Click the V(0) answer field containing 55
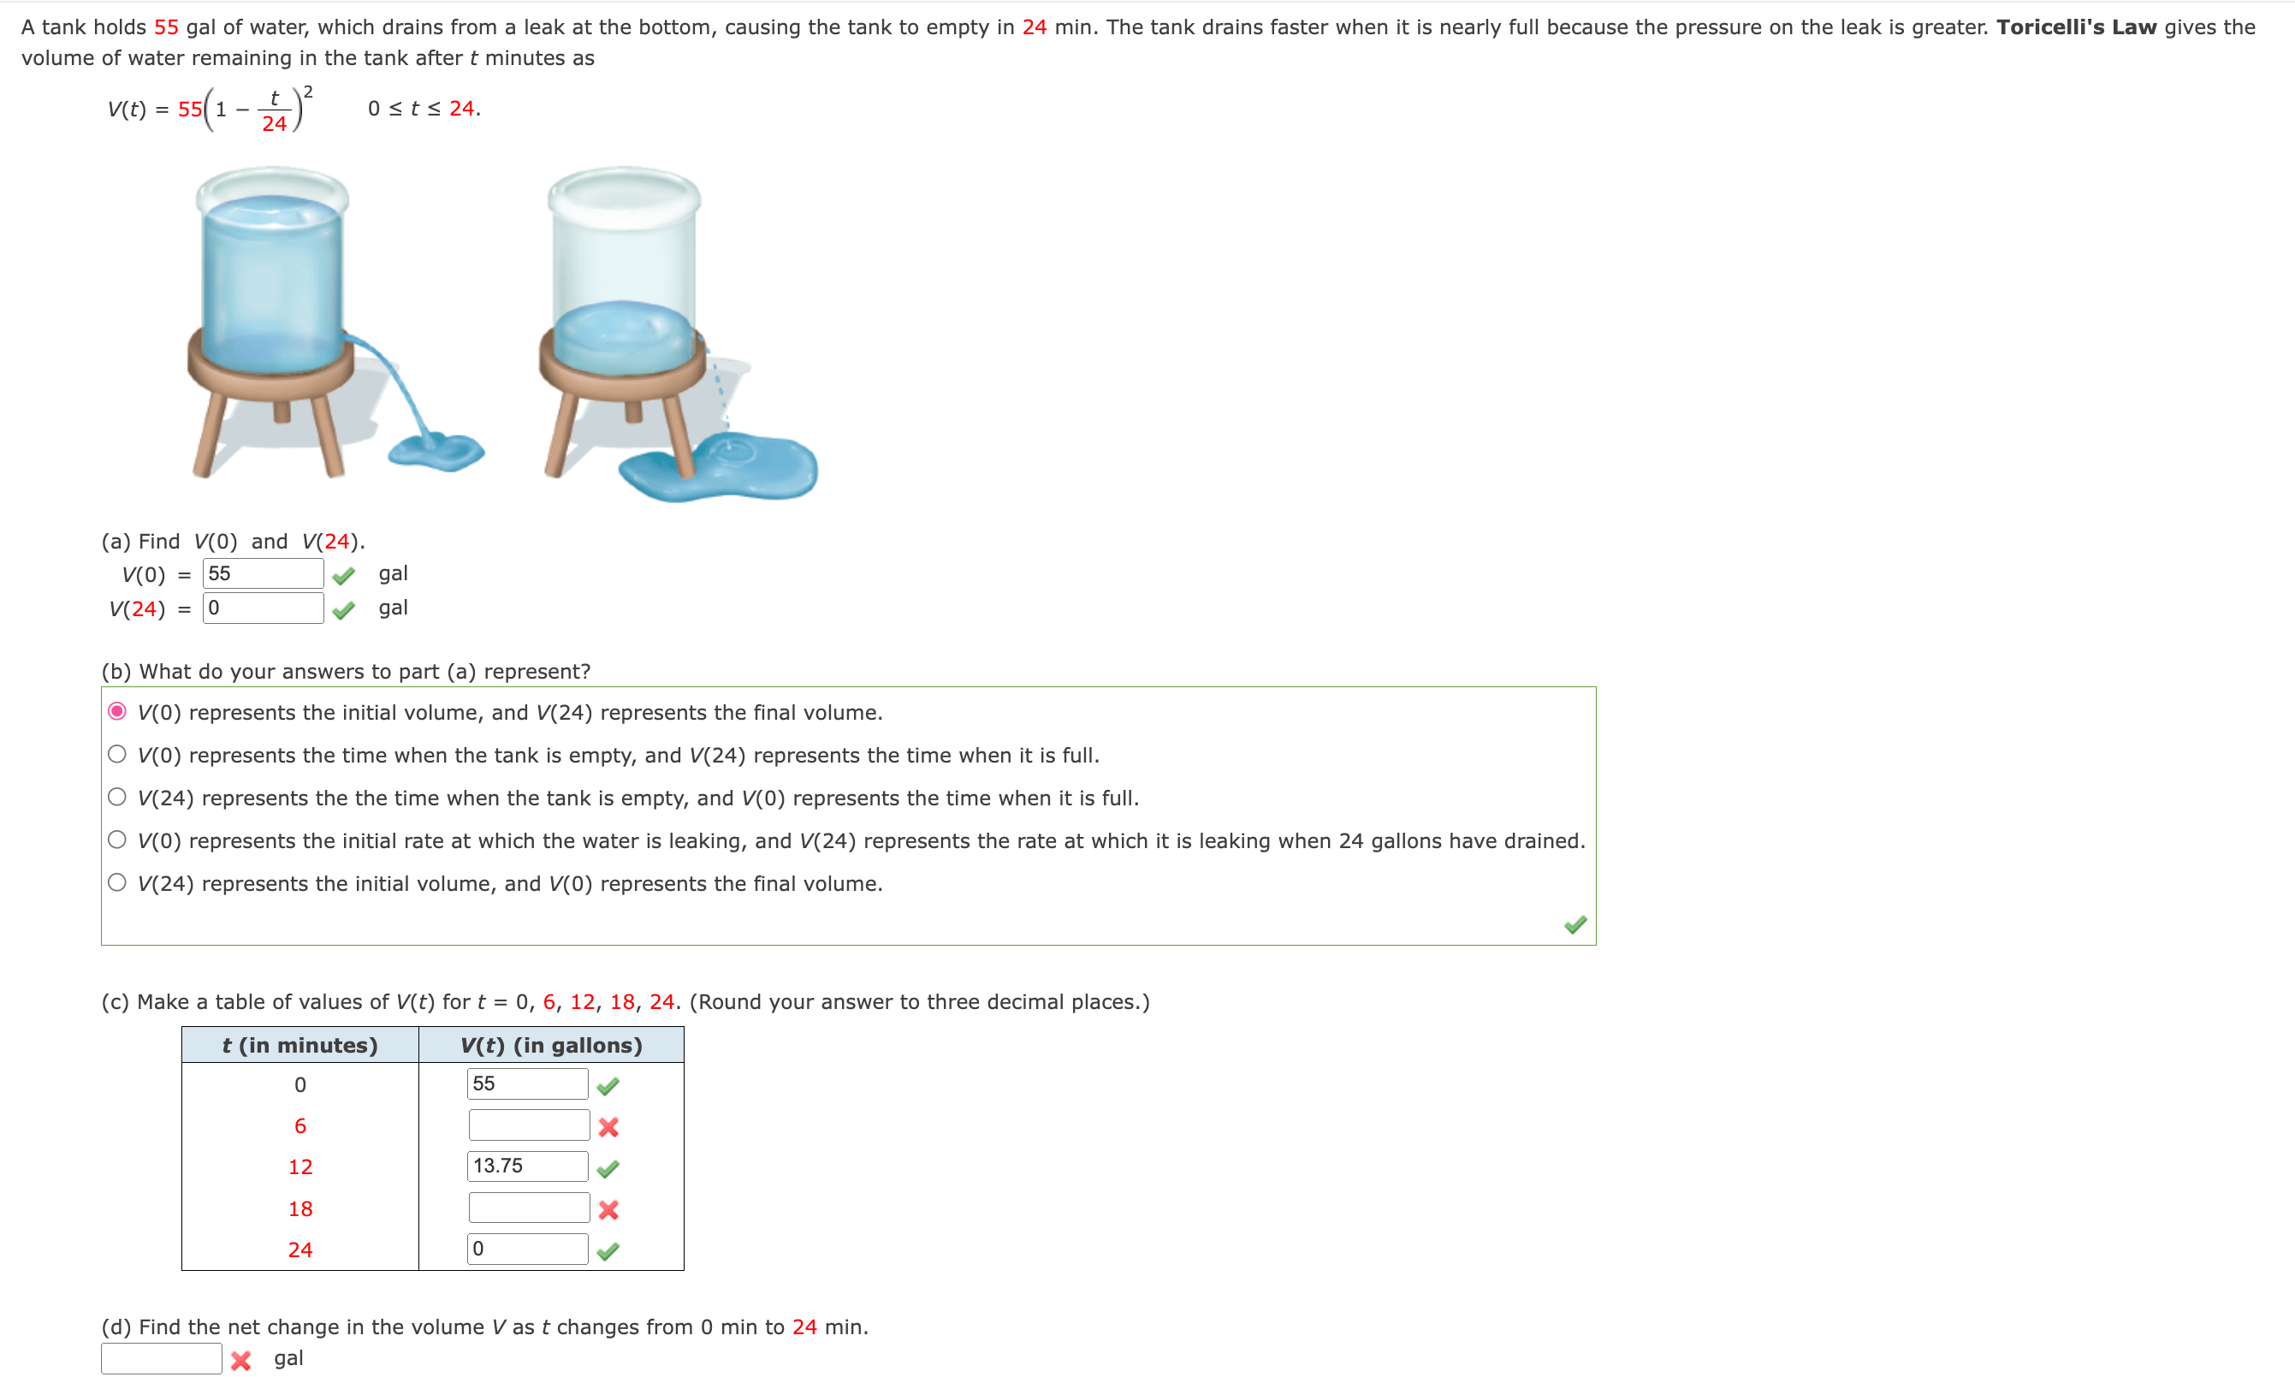[263, 573]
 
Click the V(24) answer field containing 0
[263, 608]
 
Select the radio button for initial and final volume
[117, 712]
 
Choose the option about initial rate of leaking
[117, 840]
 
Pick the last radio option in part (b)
[117, 882]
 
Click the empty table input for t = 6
[529, 1125]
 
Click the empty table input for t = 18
[529, 1208]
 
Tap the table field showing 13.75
[527, 1166]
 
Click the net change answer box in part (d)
[162, 1358]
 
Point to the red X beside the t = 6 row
[608, 1127]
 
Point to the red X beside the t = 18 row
[608, 1210]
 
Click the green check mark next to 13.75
[608, 1169]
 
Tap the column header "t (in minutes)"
[299, 1046]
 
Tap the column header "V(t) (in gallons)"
[551, 1046]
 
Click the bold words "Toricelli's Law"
[2076, 27]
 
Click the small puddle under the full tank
[436, 452]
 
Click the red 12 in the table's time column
[299, 1167]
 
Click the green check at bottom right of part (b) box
[1575, 924]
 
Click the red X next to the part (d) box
[241, 1360]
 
